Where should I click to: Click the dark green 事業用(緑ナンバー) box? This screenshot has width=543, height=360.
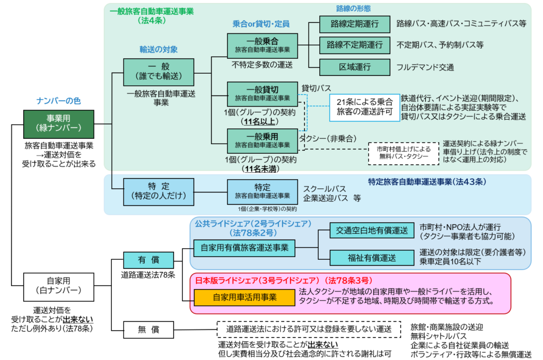tap(59, 124)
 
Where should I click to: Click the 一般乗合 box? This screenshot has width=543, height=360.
tap(262, 46)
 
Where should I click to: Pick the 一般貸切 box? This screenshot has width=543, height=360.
tap(262, 94)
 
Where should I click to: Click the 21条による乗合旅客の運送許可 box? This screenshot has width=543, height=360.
tap(365, 108)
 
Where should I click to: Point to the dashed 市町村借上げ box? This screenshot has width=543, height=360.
tap(404, 153)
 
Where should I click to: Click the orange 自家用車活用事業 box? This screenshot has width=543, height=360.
tap(244, 297)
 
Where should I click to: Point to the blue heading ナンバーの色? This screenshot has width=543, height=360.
tap(58, 101)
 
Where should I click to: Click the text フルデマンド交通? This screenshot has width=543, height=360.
tap(425, 68)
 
